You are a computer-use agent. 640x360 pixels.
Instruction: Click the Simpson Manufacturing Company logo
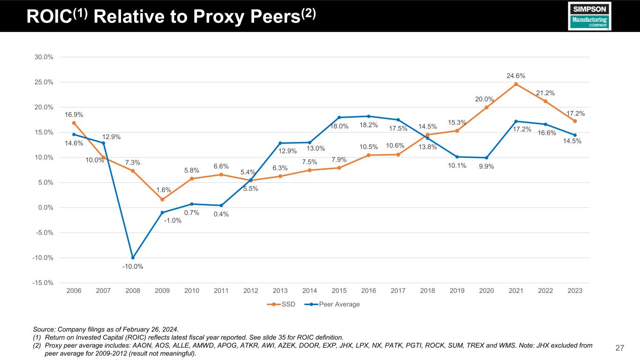pos(589,16)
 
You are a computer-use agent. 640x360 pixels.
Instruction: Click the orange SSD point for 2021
pos(516,84)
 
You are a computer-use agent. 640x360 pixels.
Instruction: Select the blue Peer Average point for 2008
pos(133,257)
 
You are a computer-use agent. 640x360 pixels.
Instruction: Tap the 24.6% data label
pos(516,75)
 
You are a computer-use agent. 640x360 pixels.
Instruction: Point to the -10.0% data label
pos(133,267)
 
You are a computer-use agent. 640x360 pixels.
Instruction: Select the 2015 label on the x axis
pos(339,291)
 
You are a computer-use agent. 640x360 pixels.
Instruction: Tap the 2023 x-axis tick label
pos(575,291)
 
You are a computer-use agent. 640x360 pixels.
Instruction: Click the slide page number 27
pos(620,348)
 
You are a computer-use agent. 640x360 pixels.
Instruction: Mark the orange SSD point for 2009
pos(162,200)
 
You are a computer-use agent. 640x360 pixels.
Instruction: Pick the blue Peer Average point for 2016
pos(369,116)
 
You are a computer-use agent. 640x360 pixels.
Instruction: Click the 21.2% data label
pos(545,93)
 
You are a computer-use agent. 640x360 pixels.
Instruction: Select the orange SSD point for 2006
pos(74,123)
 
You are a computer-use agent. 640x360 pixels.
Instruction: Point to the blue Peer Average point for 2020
pos(486,158)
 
